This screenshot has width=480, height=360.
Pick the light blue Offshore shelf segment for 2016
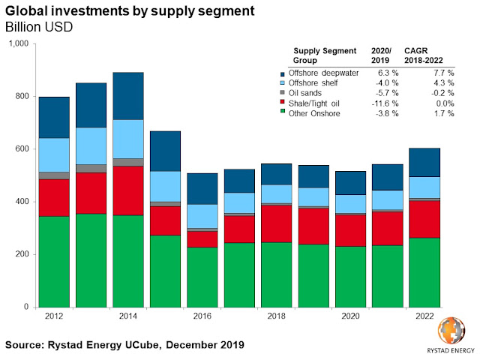point(202,216)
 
